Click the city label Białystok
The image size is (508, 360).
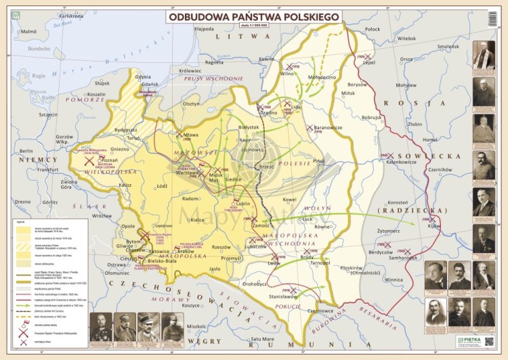click(x=249, y=127)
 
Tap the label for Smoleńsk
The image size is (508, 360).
click(x=448, y=47)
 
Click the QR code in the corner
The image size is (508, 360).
click(x=489, y=342)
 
